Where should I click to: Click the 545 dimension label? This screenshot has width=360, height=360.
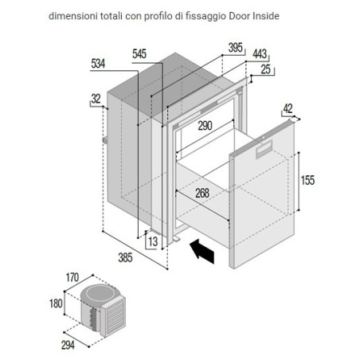click(139, 54)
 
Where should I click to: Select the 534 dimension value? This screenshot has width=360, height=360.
click(98, 64)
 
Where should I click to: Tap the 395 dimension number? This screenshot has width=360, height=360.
click(236, 48)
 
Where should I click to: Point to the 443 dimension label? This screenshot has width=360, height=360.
click(260, 54)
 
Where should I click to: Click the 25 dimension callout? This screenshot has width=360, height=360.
click(266, 69)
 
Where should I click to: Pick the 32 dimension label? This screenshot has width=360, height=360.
click(96, 99)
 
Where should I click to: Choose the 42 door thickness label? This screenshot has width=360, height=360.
click(288, 108)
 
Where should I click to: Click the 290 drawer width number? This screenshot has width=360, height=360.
click(205, 126)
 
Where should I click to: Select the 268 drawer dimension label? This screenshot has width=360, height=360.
click(202, 193)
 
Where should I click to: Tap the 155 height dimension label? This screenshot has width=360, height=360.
click(307, 180)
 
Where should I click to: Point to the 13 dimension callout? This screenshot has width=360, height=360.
click(153, 242)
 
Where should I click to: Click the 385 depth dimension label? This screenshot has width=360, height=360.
click(125, 257)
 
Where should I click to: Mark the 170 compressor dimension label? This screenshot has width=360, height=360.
click(72, 277)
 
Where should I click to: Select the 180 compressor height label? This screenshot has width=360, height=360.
click(56, 303)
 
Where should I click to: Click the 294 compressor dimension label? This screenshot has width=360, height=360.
click(68, 346)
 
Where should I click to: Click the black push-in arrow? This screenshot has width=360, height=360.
click(202, 251)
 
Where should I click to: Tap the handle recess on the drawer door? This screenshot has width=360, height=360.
click(264, 149)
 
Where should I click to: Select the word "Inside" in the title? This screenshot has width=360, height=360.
click(266, 16)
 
